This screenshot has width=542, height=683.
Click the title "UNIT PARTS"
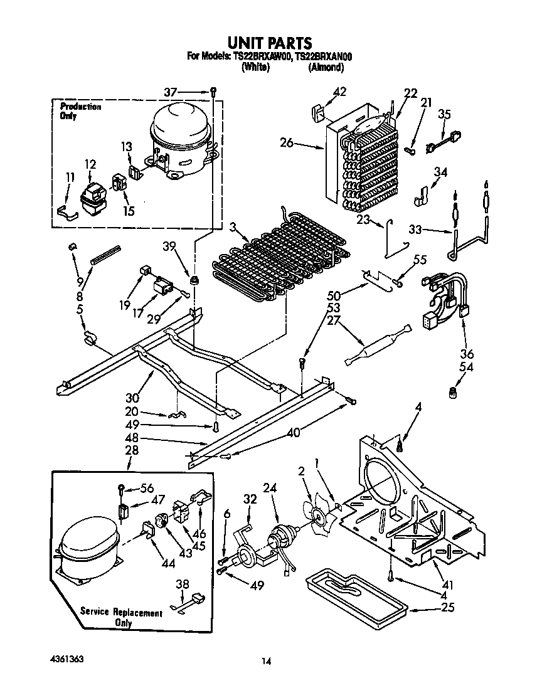click(x=269, y=43)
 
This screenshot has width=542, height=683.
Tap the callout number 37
click(x=170, y=92)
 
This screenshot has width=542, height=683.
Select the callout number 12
click(x=90, y=165)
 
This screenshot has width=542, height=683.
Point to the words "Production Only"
click(x=80, y=111)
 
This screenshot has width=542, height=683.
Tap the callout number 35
click(x=444, y=114)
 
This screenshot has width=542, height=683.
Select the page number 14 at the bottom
click(x=267, y=661)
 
